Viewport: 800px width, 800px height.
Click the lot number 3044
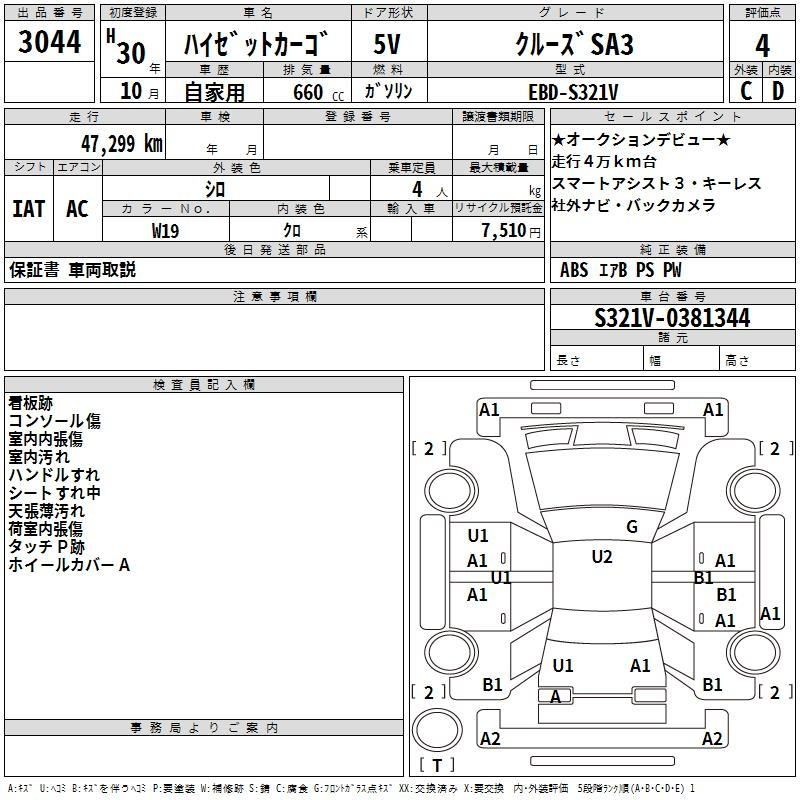click(x=49, y=43)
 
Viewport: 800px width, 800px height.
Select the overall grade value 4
click(x=763, y=45)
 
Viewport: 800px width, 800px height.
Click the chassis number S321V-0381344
click(x=672, y=319)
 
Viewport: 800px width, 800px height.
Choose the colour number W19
click(x=165, y=230)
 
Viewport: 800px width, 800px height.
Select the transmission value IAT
click(x=28, y=209)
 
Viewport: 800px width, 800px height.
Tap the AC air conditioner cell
click(x=77, y=209)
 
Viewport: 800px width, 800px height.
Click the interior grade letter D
click(x=778, y=91)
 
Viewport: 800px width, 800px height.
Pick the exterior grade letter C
click(x=746, y=91)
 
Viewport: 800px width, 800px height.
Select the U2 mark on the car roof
click(x=602, y=557)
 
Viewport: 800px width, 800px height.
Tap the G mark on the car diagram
click(x=632, y=527)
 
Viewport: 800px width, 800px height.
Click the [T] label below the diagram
click(x=436, y=766)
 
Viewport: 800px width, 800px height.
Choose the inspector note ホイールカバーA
click(x=69, y=565)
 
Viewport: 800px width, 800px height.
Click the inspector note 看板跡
click(x=31, y=403)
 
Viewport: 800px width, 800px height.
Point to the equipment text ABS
click(x=574, y=270)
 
